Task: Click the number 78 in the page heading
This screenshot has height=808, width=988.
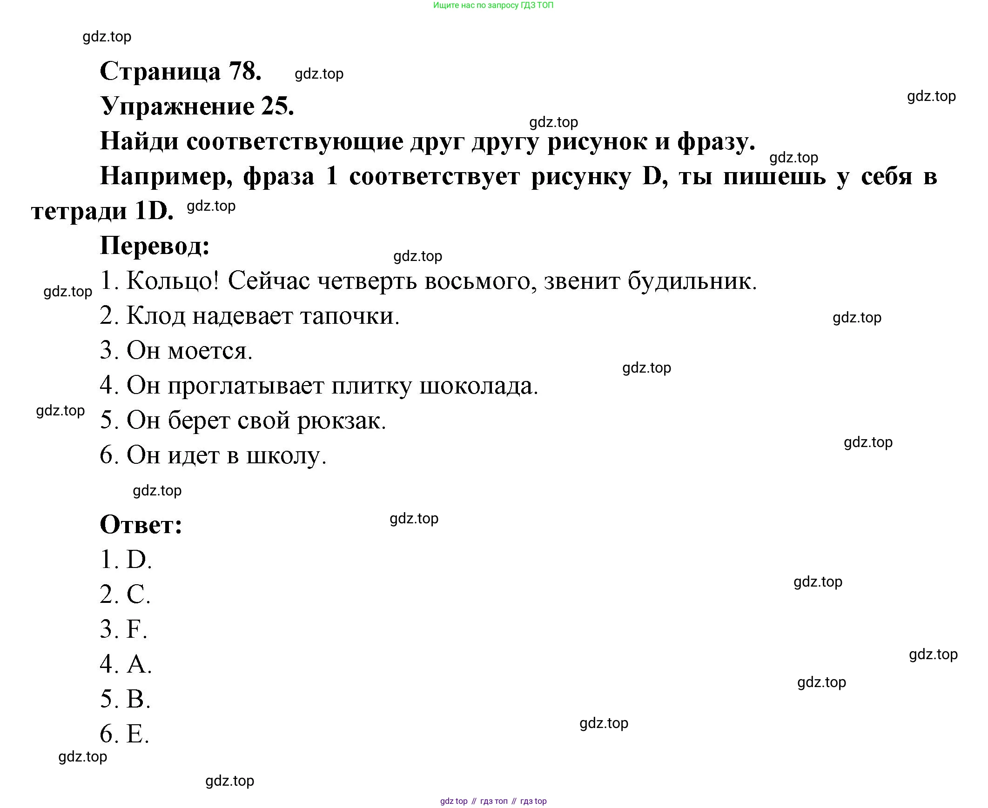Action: point(244,71)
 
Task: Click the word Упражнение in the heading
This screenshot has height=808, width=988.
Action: point(177,107)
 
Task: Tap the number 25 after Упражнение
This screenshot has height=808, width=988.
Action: point(277,107)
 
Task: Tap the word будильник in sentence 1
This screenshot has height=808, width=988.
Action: point(691,280)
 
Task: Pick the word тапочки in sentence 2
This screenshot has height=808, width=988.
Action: point(349,316)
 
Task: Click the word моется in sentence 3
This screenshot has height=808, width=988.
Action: point(209,350)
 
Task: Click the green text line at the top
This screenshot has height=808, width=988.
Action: point(493,6)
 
